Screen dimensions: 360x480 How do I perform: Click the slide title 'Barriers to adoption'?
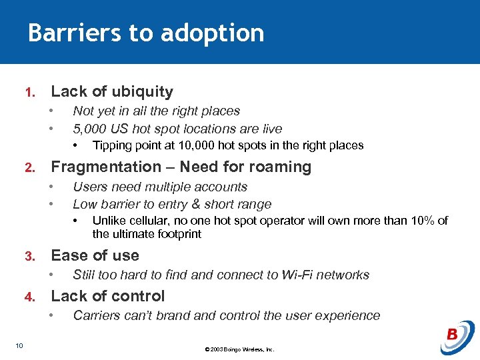146,33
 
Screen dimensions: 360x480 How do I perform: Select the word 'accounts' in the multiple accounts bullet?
221,187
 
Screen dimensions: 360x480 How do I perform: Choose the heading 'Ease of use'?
95,255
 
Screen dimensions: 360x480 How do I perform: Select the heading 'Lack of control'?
108,296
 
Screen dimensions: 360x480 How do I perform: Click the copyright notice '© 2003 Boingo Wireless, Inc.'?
239,349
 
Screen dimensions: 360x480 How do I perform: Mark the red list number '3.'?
29,257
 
